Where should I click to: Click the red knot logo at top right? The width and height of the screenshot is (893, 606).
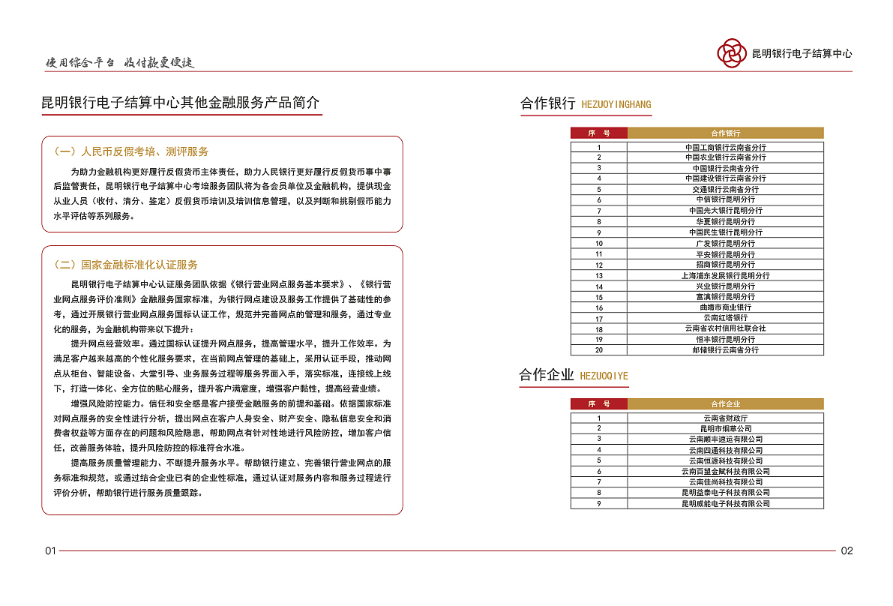point(731,52)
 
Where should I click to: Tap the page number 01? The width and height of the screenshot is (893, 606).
point(50,550)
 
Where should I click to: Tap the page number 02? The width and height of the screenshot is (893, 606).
point(847,550)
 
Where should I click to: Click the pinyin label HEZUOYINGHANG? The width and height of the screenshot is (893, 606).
point(616,105)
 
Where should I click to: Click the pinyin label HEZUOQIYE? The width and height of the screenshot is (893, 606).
point(604,376)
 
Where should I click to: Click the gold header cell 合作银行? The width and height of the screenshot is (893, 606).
point(725,133)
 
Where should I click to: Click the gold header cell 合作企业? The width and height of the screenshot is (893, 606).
point(725,404)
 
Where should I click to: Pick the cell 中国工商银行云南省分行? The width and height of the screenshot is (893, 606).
point(725,147)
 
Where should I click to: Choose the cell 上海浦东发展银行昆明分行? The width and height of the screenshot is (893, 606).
point(725,275)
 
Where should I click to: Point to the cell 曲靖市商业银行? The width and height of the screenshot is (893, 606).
point(725,307)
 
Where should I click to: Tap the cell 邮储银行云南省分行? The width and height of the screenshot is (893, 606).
point(725,350)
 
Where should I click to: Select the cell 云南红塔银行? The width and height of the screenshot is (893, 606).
point(725,318)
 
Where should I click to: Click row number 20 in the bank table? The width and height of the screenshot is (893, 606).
point(599,350)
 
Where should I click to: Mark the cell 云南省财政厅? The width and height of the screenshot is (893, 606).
point(725,418)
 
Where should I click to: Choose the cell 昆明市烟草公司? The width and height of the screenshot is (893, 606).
point(725,428)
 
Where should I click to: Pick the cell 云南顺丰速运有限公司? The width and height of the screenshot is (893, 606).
point(725,439)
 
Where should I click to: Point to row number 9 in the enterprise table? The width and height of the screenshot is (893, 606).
point(599,503)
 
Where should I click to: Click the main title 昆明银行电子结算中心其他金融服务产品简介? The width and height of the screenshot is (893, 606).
point(181,103)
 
